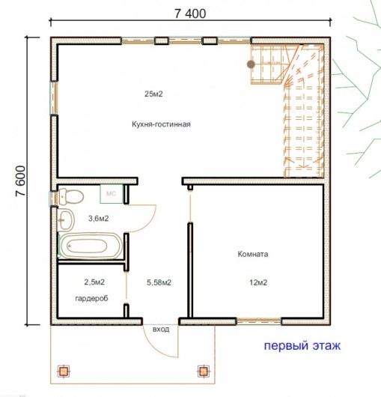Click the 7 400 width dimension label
[x=190, y=13]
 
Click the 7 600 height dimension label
[x=20, y=181]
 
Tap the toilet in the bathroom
[x=71, y=196]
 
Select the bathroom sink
[x=66, y=220]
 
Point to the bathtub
[x=91, y=246]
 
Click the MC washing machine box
[x=112, y=194]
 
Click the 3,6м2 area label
[x=98, y=218]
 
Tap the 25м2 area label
[x=153, y=94]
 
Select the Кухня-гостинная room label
[x=161, y=124]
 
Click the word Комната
[x=253, y=254]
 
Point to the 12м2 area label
[x=258, y=282]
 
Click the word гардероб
[x=91, y=299]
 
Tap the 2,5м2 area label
[x=94, y=282]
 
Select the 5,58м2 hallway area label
[x=159, y=282]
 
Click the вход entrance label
[x=161, y=330]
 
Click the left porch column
[x=64, y=372]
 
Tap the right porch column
[x=203, y=372]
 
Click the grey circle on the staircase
[x=251, y=64]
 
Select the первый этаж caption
[x=302, y=346]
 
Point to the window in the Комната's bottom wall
[x=259, y=321]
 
